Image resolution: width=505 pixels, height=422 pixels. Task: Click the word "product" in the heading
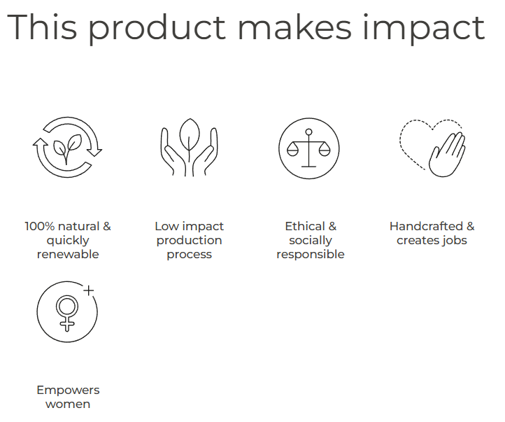[x=157, y=29]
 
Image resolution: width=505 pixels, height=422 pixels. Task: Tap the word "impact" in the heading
[x=424, y=29]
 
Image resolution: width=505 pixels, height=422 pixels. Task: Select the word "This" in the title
[x=42, y=27]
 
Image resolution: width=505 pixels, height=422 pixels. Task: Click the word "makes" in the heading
[x=294, y=27]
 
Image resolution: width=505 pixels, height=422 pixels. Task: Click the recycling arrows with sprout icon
[x=67, y=147]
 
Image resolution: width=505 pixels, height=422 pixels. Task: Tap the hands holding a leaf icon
[x=189, y=147]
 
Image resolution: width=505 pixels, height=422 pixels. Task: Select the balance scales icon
[x=309, y=148]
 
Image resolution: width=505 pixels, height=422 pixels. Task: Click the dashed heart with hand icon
[x=432, y=148]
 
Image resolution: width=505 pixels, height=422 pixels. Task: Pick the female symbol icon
[x=67, y=312]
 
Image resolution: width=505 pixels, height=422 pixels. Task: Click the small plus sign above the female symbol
[x=89, y=290]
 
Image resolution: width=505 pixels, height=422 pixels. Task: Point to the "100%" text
[x=40, y=227]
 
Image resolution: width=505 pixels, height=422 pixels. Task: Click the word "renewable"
[x=68, y=254]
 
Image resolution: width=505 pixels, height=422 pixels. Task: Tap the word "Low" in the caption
[x=166, y=227]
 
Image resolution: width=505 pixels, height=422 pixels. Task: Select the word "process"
[x=189, y=255]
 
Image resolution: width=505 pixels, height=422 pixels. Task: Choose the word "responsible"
[x=311, y=255]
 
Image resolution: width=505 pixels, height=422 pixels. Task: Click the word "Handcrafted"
[x=426, y=227]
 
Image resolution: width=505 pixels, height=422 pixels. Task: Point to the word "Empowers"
[x=68, y=391]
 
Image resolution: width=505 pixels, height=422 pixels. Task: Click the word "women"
[x=68, y=405]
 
